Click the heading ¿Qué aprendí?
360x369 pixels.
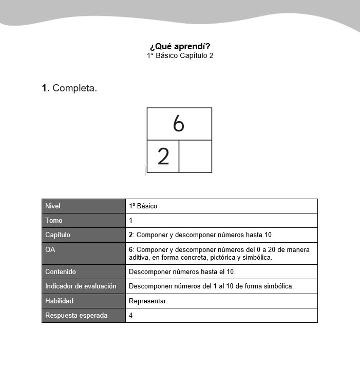[x=180, y=46]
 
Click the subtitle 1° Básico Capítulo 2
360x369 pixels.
[x=180, y=55]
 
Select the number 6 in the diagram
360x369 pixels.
[x=178, y=124]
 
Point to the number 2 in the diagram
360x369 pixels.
[x=163, y=156]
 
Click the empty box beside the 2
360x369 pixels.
[x=195, y=156]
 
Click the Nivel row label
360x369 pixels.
[x=53, y=206]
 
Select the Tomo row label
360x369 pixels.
[x=54, y=220]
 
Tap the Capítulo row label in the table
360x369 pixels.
[x=58, y=235]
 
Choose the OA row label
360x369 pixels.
[x=50, y=249]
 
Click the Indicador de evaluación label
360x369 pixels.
[x=81, y=286]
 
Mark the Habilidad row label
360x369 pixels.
[x=60, y=301]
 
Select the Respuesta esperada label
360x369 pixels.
[x=77, y=315]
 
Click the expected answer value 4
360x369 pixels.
[x=131, y=315]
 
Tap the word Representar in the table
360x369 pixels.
[x=147, y=301]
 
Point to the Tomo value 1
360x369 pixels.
[x=131, y=220]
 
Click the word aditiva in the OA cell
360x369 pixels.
[x=139, y=257]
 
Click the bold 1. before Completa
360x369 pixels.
[x=46, y=88]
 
